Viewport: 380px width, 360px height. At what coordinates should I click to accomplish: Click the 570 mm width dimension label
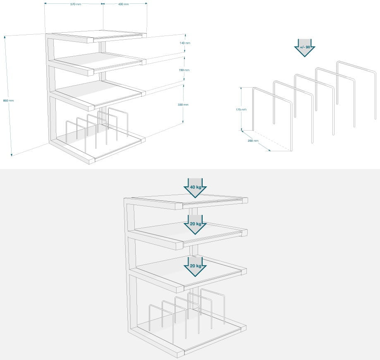(76, 5)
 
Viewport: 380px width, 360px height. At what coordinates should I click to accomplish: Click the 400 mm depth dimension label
(123, 4)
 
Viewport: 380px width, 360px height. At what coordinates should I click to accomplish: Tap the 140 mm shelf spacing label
(185, 43)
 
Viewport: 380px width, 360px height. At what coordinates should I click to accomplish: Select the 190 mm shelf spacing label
(184, 70)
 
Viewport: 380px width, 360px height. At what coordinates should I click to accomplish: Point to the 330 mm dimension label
(183, 105)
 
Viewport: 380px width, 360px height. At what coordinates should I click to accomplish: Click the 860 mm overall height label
(9, 100)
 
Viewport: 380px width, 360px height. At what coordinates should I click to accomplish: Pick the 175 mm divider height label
(241, 110)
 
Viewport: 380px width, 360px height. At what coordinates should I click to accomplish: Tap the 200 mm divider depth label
(253, 141)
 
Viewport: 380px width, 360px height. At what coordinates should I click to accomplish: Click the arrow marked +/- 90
(305, 48)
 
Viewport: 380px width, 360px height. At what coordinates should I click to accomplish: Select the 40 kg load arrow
(195, 188)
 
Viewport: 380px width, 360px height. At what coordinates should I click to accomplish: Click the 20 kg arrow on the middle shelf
(195, 224)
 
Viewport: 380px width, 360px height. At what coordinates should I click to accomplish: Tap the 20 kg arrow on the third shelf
(195, 267)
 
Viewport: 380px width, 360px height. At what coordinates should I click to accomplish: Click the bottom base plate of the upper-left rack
(97, 148)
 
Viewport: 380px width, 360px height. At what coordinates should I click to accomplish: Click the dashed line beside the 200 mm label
(272, 141)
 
